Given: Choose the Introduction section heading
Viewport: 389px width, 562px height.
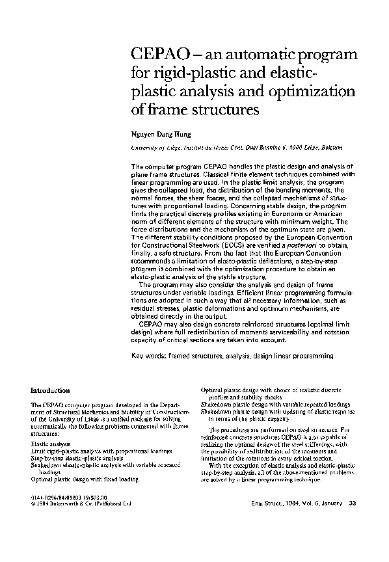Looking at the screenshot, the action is [x=50, y=390].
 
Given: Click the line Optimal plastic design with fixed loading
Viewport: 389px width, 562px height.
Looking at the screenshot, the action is [x=85, y=478].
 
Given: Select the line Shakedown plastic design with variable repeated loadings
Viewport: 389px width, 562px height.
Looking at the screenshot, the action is [x=276, y=404].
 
